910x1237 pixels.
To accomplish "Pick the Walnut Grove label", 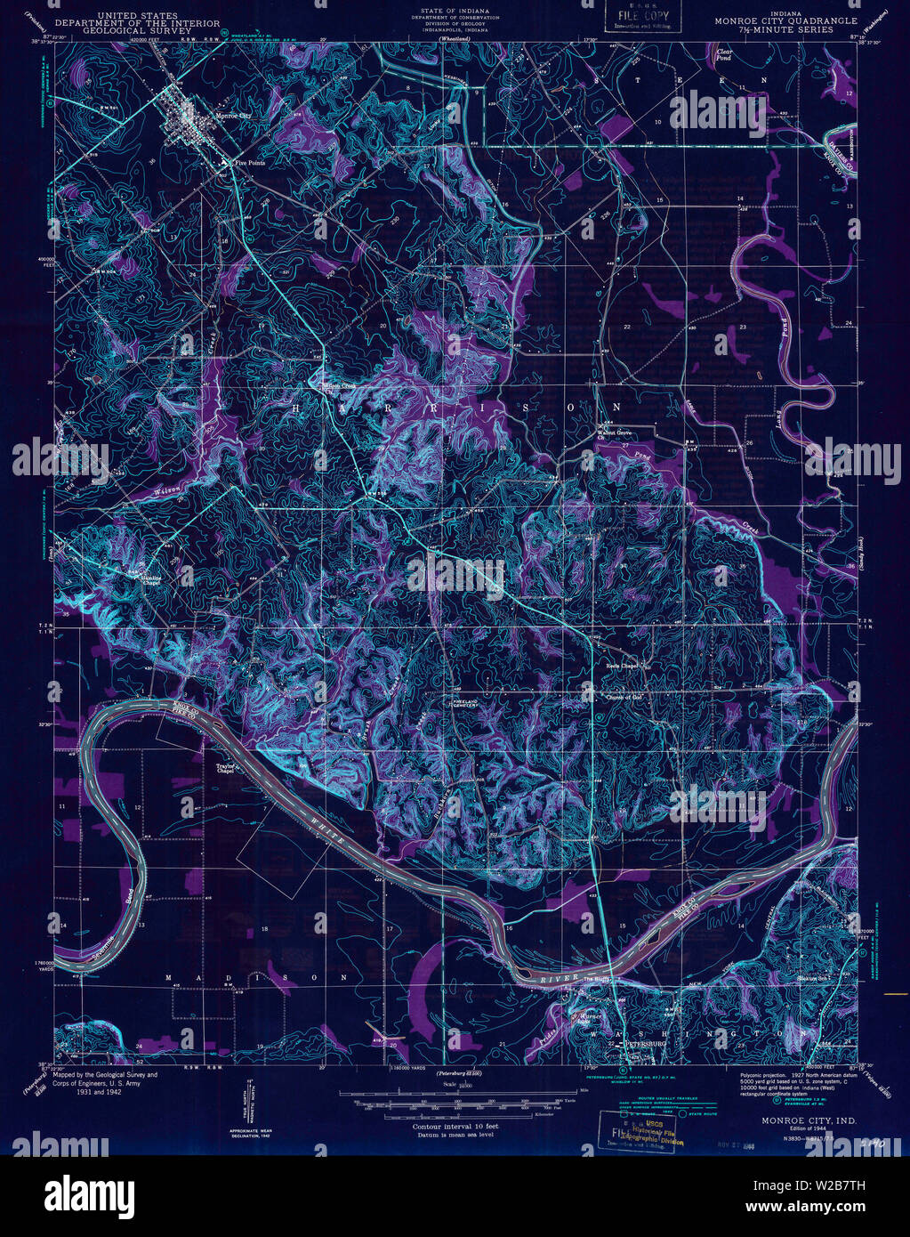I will pos(612,435).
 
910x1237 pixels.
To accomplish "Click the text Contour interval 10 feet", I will pos(455,1127).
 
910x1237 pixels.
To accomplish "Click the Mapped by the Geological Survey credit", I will pos(105,1075).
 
